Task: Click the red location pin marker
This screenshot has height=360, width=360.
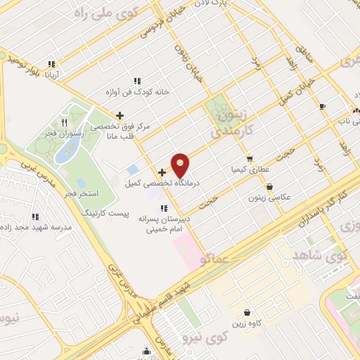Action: point(181,165)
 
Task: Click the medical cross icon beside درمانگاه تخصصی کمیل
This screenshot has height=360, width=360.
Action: point(162,172)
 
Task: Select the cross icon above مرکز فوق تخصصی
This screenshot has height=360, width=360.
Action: point(120,115)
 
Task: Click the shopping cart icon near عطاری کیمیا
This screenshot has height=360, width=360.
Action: point(249,159)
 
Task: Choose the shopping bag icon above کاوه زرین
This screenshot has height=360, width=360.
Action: point(247,311)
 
